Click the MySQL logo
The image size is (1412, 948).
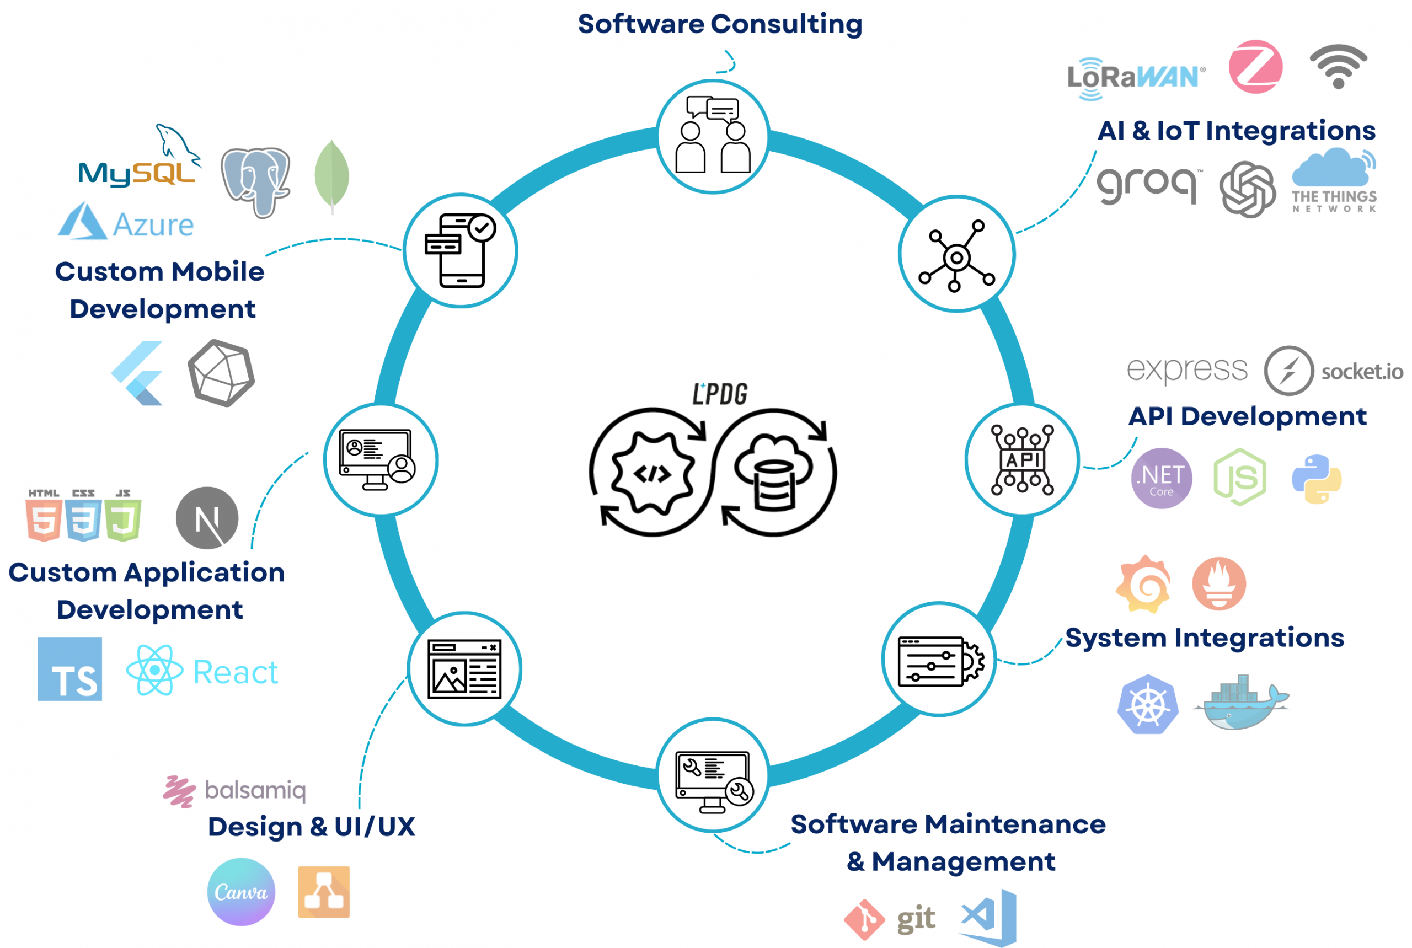(138, 163)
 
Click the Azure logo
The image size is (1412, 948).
(126, 222)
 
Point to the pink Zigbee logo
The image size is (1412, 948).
(1255, 67)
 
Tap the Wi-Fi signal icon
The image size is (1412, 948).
(1338, 67)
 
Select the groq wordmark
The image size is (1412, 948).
(1147, 184)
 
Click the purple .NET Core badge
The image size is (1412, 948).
(1161, 478)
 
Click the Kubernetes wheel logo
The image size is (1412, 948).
(1148, 704)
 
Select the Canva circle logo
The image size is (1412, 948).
(240, 892)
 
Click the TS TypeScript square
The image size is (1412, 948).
(69, 669)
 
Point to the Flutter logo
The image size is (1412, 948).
(138, 373)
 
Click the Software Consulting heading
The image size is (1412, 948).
(720, 24)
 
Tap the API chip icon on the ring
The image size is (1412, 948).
(1022, 459)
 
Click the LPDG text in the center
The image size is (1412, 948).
(720, 394)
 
